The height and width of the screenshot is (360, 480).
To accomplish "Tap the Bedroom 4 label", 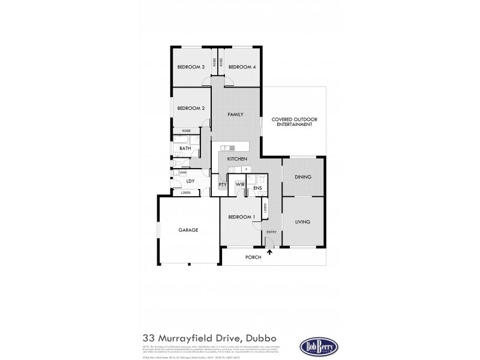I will pyautogui.click(x=242, y=67).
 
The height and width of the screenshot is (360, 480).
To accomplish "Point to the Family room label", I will pyautogui.click(x=235, y=114).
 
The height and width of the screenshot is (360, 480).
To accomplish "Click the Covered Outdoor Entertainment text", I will pyautogui.click(x=293, y=121).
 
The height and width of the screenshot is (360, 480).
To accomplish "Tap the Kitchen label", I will pyautogui.click(x=237, y=158).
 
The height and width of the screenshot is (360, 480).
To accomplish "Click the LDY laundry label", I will pyautogui.click(x=190, y=181).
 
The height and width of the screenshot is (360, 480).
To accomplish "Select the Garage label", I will pyautogui.click(x=188, y=230).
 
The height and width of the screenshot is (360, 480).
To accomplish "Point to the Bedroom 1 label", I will pyautogui.click(x=241, y=217).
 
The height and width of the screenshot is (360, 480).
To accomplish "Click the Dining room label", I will pyautogui.click(x=302, y=177).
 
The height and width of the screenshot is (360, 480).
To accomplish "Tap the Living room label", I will pyautogui.click(x=302, y=222).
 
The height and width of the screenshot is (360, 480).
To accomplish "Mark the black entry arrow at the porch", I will pyautogui.click(x=269, y=253).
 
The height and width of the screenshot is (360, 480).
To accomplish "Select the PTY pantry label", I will pyautogui.click(x=222, y=185).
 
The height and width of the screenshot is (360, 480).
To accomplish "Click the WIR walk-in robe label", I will pyautogui.click(x=239, y=184).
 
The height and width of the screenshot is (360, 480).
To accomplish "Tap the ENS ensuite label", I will pyautogui.click(x=257, y=188).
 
